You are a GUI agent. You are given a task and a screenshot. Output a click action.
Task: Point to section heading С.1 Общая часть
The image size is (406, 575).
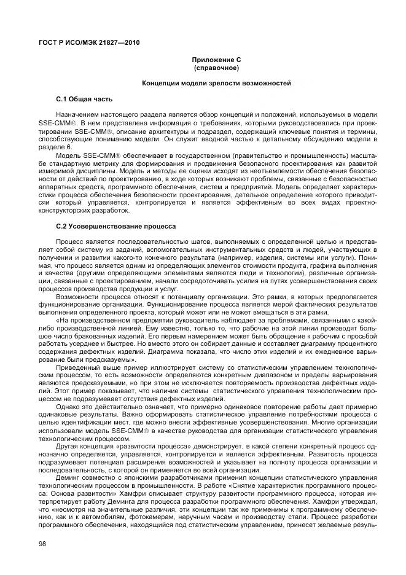point(84,98)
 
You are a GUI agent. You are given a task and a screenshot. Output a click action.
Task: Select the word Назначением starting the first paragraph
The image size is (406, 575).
point(77,115)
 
